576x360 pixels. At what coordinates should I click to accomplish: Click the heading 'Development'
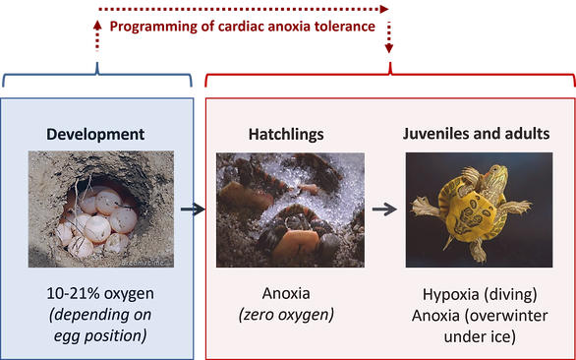[95, 134]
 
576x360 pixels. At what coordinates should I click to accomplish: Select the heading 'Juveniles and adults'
[477, 134]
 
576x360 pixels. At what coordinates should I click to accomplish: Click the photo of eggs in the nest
[99, 209]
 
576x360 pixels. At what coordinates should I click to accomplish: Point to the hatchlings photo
[289, 209]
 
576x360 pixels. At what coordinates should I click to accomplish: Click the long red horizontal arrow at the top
[243, 9]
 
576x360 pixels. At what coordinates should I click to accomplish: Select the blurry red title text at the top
[243, 27]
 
